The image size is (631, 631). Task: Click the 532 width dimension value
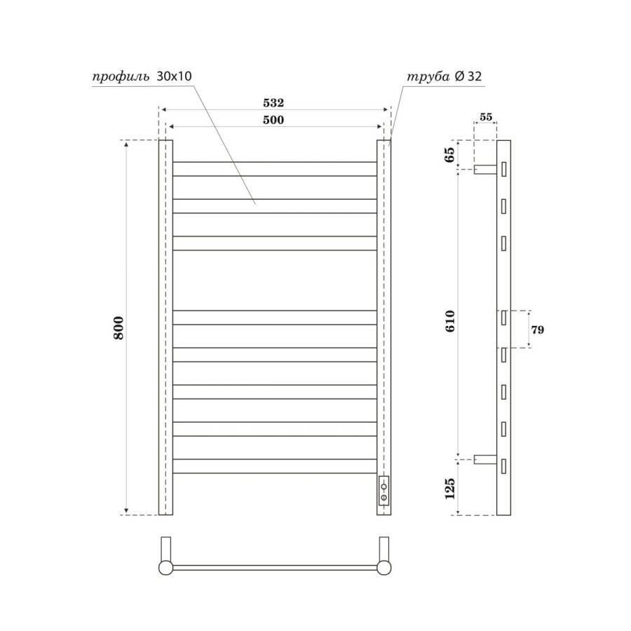tap(273, 102)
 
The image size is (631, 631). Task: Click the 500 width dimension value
tap(273, 120)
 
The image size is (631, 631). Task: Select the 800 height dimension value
tap(119, 328)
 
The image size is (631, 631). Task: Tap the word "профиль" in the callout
tap(120, 77)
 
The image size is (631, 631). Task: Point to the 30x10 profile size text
tap(174, 77)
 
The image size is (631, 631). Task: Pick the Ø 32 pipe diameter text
tap(468, 77)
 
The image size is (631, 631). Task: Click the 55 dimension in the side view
tap(485, 117)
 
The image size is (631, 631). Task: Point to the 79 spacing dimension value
tap(538, 329)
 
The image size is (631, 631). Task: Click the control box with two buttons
tap(384, 490)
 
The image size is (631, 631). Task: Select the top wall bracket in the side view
tap(484, 169)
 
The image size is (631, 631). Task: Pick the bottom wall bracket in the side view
tap(484, 460)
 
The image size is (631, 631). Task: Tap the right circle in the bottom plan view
tap(384, 567)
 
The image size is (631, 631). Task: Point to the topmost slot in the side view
tap(503, 169)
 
